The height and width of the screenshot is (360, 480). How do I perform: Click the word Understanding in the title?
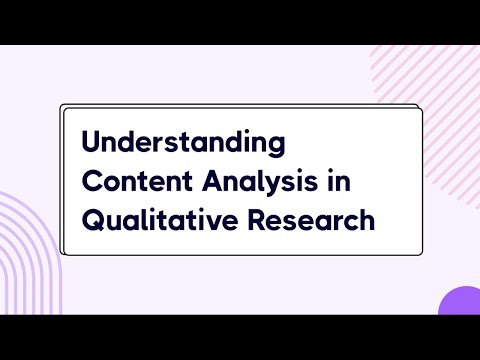pyautogui.click(x=183, y=142)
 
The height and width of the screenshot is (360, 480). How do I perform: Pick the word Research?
pyautogui.click(x=314, y=219)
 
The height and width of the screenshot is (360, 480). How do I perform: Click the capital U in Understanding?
pyautogui.click(x=91, y=142)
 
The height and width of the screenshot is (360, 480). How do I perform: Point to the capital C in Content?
pyautogui.click(x=92, y=181)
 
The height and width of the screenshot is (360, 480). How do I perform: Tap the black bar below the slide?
pyautogui.click(x=240, y=337)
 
